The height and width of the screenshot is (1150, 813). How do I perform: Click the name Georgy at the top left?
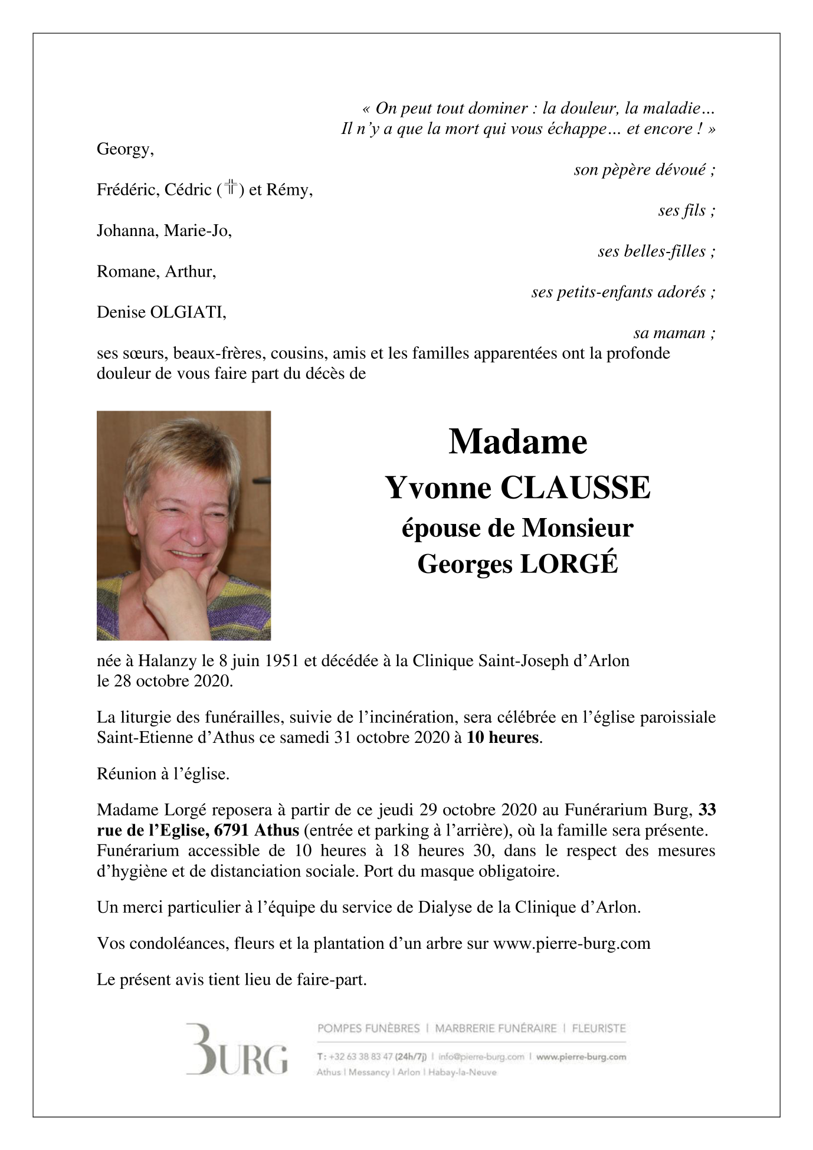pos(125,150)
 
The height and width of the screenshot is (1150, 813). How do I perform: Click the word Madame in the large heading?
pos(517,441)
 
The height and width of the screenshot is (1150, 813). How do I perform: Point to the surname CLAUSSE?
pos(575,487)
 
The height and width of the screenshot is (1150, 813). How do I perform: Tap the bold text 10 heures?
pos(503,738)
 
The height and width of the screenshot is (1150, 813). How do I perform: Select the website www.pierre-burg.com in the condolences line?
pos(571,943)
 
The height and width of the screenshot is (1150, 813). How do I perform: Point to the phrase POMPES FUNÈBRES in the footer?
pos(368,1028)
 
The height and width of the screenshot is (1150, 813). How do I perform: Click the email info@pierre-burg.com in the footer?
pos(481,1057)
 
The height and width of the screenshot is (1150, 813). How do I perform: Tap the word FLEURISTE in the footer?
pos(598,1028)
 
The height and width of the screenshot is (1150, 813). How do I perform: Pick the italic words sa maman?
pos(674,333)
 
